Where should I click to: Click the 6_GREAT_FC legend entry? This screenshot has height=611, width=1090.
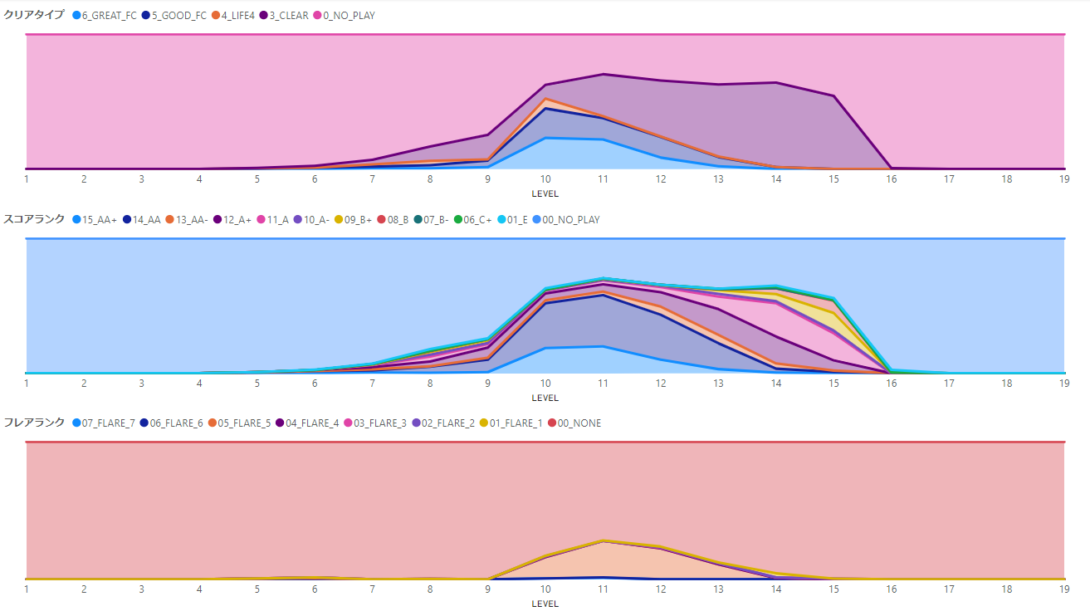(109, 15)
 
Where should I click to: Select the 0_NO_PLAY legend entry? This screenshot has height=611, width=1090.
(349, 15)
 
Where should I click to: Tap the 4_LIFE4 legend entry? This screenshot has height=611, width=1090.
(237, 15)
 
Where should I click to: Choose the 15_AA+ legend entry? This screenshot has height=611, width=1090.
(100, 220)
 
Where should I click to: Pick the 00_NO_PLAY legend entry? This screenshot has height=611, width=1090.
(570, 220)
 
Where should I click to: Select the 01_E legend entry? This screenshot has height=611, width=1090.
(520, 220)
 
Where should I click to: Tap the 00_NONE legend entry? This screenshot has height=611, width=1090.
(579, 423)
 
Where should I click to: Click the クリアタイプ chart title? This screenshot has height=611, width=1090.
(33, 15)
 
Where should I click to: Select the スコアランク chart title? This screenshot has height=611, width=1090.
(33, 220)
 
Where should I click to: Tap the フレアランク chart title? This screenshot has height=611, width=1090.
(33, 423)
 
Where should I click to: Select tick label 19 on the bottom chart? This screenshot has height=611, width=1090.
(1064, 589)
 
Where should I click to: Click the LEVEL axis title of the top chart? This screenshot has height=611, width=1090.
(545, 194)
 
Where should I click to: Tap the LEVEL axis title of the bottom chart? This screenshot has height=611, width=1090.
(545, 604)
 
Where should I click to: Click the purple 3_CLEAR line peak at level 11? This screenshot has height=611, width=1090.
(604, 74)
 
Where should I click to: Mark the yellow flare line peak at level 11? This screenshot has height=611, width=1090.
(604, 540)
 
